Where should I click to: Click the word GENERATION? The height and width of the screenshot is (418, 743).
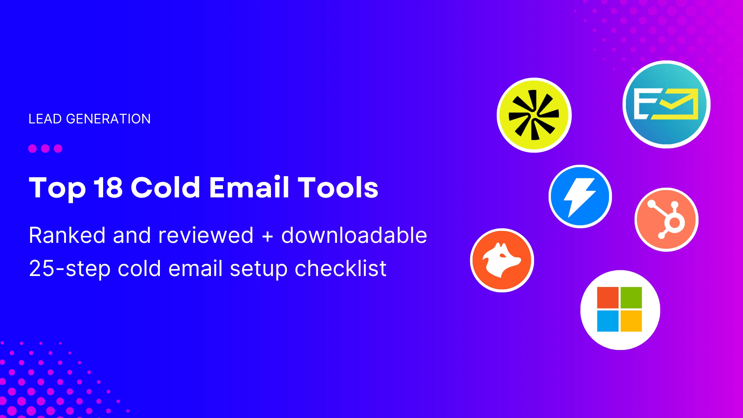[x=108, y=119]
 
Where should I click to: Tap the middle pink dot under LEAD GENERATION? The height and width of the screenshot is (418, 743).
[x=45, y=148]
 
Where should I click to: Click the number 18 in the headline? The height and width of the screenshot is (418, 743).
[x=108, y=187]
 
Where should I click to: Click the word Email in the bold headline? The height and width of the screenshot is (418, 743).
[x=249, y=187]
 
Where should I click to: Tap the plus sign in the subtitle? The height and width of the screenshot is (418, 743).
[x=267, y=236]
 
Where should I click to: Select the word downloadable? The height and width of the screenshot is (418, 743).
[x=354, y=236]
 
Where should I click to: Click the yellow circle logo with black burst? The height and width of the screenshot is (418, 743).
[x=534, y=115]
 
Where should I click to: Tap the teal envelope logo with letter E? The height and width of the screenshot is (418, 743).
[x=666, y=104]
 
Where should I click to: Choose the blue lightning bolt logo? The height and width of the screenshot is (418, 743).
[x=580, y=196]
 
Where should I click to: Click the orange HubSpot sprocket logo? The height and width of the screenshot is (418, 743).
[x=666, y=220]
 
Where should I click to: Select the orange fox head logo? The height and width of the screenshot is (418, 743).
[x=502, y=260]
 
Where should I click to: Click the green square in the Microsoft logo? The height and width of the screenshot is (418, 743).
[x=631, y=298]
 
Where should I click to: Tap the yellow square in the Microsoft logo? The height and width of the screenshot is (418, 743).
[x=631, y=321]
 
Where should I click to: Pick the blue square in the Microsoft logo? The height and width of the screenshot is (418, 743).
[x=608, y=321]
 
